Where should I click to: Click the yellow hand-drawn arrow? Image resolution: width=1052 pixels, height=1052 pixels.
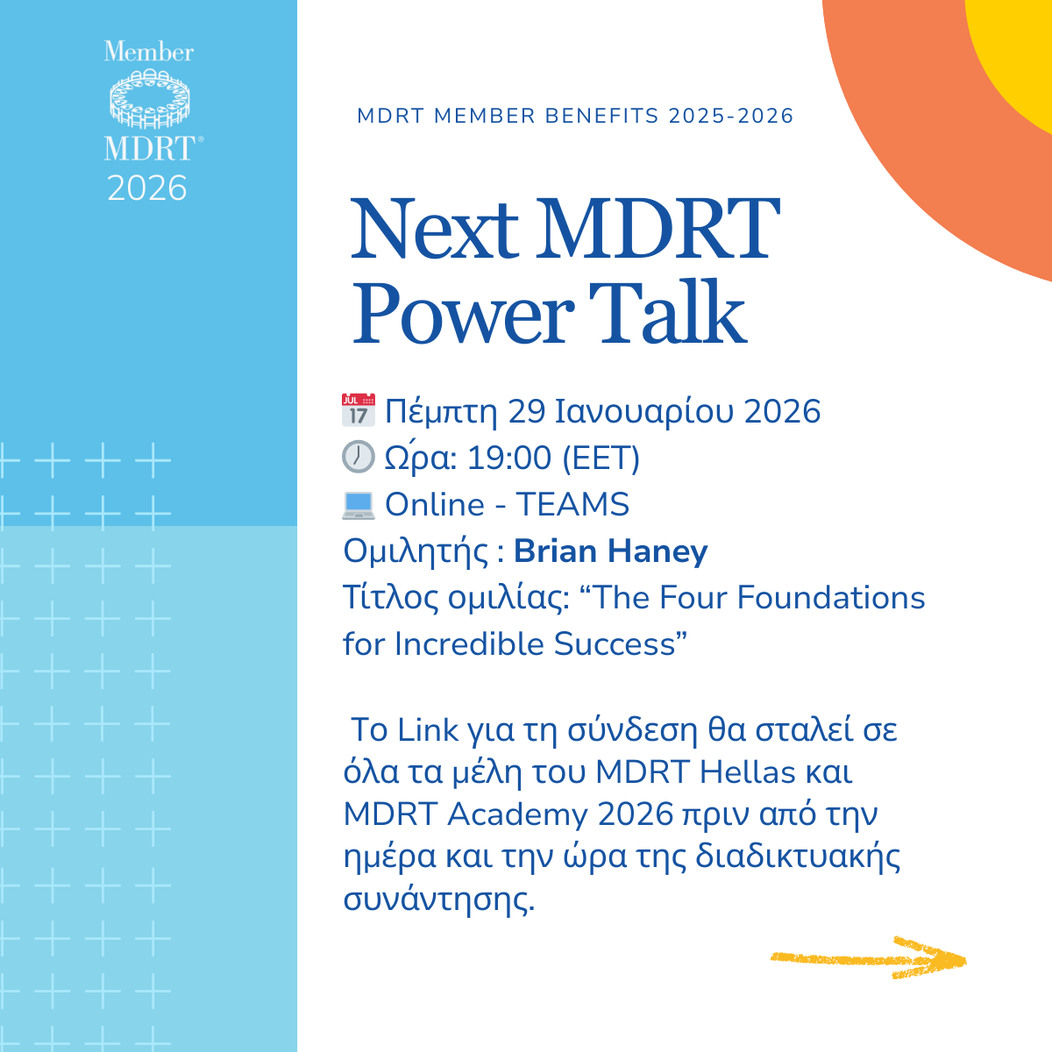click(x=868, y=958)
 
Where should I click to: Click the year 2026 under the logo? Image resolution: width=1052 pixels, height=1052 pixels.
click(x=147, y=188)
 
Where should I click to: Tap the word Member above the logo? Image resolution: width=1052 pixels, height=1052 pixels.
click(x=148, y=52)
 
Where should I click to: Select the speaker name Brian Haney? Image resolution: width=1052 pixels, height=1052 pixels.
click(x=610, y=551)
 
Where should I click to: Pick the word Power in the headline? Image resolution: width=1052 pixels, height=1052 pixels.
click(x=464, y=314)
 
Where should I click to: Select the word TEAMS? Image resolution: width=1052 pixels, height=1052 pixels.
click(x=572, y=504)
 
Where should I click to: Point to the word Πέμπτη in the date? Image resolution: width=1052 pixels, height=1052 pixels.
click(x=441, y=411)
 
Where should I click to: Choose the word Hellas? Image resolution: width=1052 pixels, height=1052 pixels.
click(x=748, y=772)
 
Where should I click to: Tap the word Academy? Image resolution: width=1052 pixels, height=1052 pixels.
click(x=517, y=814)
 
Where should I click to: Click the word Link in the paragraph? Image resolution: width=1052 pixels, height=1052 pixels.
click(x=428, y=729)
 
